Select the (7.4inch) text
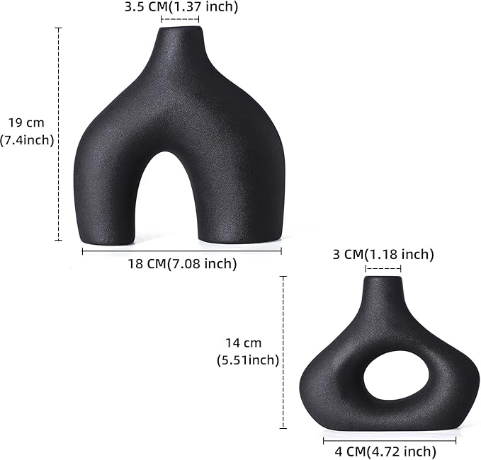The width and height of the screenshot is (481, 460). click(x=27, y=140)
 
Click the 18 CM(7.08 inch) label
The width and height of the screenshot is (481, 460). click(x=182, y=264)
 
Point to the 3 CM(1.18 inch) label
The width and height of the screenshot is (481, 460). click(x=383, y=255)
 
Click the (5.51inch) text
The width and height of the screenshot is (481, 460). click(x=247, y=360)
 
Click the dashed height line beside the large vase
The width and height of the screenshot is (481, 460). click(x=58, y=134)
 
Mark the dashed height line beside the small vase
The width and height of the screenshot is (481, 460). click(x=283, y=352)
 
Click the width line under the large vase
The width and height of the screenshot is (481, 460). click(x=182, y=250)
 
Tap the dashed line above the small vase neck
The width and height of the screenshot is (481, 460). click(x=383, y=268)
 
